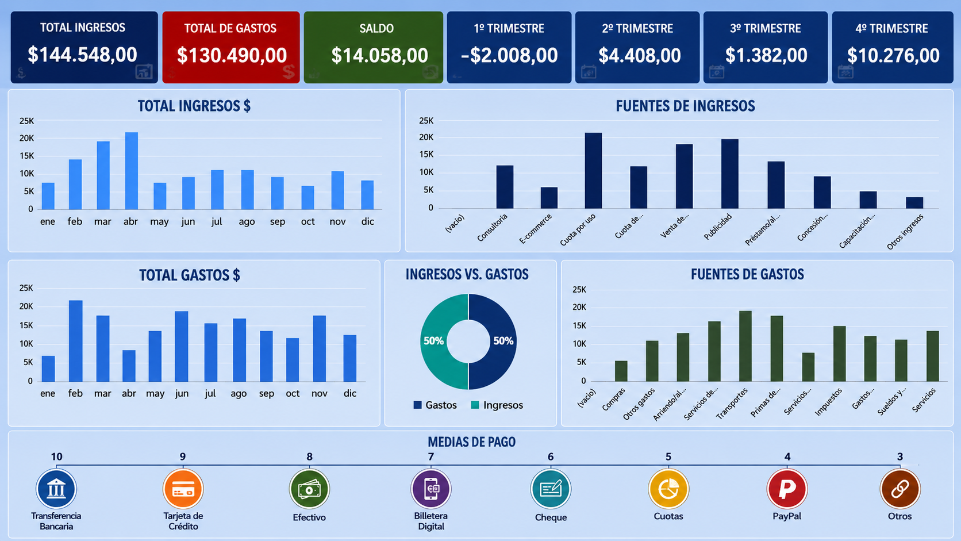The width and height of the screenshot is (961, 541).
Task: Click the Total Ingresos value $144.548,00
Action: (x=82, y=55)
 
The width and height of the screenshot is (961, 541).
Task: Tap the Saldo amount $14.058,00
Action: (x=380, y=55)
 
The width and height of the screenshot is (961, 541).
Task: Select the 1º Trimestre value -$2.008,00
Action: (x=509, y=55)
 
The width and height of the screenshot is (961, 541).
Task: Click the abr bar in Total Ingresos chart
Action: (x=131, y=171)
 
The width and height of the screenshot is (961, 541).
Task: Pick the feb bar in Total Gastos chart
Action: (x=75, y=341)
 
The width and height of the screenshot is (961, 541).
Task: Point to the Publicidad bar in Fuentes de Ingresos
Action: (x=730, y=174)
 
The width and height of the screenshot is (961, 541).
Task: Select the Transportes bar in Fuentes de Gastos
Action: (x=745, y=346)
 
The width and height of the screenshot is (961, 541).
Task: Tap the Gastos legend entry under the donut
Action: (x=435, y=405)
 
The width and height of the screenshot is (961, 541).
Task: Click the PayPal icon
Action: (x=787, y=489)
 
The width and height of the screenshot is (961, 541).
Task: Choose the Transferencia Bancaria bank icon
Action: (x=56, y=489)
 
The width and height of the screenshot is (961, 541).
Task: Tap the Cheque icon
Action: (x=551, y=489)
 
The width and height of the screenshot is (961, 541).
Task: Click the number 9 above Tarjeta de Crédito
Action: (x=183, y=456)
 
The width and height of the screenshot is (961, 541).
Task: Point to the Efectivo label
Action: (x=309, y=517)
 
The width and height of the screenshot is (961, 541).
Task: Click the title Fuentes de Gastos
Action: (x=747, y=275)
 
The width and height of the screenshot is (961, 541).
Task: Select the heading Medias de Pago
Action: (x=471, y=442)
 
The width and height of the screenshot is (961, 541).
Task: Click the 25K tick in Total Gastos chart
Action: (x=26, y=288)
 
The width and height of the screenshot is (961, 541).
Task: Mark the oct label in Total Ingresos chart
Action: (x=307, y=221)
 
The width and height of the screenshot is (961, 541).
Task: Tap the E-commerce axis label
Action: (x=536, y=229)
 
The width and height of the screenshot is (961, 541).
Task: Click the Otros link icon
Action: (x=900, y=489)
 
